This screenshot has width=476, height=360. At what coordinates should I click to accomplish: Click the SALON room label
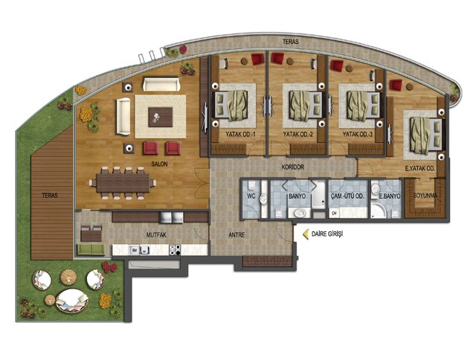point(159,164)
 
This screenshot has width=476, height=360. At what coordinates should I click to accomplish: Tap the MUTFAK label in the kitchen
point(156,235)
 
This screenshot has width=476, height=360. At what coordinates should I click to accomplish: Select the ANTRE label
point(237,235)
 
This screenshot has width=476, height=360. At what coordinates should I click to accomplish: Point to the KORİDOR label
point(292,167)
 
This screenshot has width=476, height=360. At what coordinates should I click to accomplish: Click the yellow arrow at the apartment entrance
point(306,234)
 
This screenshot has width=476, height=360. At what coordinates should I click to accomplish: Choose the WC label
point(251,196)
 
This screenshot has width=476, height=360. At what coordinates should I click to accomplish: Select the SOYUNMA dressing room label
point(425,196)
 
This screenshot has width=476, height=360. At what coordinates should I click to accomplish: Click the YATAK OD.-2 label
point(297,134)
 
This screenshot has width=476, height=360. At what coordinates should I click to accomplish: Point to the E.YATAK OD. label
point(420,168)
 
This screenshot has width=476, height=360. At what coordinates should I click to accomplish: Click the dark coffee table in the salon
point(161,117)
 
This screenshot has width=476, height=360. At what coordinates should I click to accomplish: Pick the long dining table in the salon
point(123,183)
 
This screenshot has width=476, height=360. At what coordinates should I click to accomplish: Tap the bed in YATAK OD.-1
point(231,105)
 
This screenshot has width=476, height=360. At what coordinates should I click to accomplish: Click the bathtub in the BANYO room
point(318,194)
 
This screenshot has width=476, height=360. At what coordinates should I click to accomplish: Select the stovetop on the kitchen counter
point(175,250)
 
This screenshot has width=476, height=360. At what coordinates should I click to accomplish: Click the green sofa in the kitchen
point(91,249)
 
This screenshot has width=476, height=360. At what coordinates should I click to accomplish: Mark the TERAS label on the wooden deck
point(50,196)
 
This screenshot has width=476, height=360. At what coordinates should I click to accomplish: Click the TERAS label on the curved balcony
point(291,42)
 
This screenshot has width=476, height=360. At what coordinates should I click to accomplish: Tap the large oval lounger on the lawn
point(72,300)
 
